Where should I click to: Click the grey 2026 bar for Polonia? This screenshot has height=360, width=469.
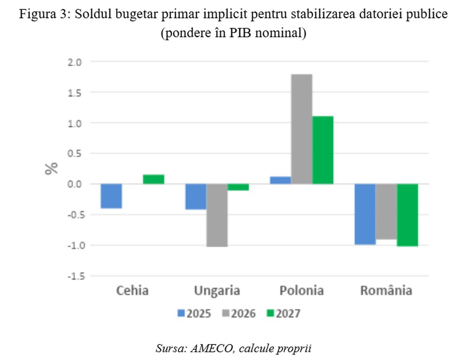pyautogui.click(x=302, y=129)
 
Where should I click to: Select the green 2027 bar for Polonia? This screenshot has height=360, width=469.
pyautogui.click(x=323, y=150)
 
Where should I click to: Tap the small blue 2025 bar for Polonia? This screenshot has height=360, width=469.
pyautogui.click(x=280, y=180)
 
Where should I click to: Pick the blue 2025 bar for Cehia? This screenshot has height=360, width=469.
pyautogui.click(x=112, y=196)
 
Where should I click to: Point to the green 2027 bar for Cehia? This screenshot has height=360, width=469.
pyautogui.click(x=154, y=179)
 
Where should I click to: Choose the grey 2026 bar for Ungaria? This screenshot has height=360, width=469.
pyautogui.click(x=217, y=215)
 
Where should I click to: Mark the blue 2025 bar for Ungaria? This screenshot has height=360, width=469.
pyautogui.click(x=196, y=196)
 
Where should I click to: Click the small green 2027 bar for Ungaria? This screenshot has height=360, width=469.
pyautogui.click(x=238, y=187)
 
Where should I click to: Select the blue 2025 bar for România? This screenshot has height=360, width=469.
pyautogui.click(x=365, y=214)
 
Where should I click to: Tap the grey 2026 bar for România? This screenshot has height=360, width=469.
pyautogui.click(x=386, y=211)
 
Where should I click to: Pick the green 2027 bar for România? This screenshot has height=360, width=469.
pyautogui.click(x=407, y=215)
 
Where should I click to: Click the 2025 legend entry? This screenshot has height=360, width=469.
pyautogui.click(x=194, y=314)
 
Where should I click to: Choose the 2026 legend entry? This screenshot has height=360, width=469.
pyautogui.click(x=238, y=314)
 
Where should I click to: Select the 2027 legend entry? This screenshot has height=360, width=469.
pyautogui.click(x=282, y=314)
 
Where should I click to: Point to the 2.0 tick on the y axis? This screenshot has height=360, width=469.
pyautogui.click(x=76, y=62)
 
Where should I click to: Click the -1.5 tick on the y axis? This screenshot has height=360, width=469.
pyautogui.click(x=74, y=276)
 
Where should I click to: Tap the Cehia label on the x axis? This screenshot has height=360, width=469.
pyautogui.click(x=132, y=291)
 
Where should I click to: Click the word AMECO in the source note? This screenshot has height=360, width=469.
pyautogui.click(x=209, y=348)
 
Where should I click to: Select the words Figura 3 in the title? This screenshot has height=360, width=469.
pyautogui.click(x=40, y=15)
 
